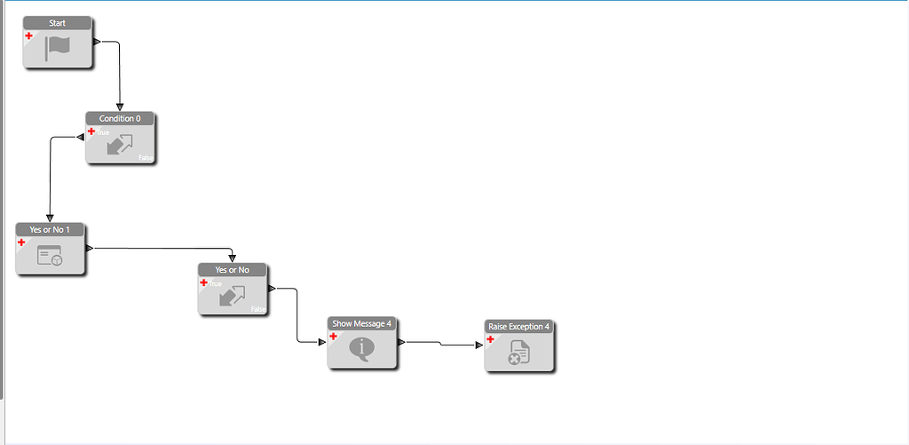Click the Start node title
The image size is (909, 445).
tap(57, 22)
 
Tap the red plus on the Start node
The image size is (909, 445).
tap(28, 36)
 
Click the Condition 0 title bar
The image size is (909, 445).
tap(120, 118)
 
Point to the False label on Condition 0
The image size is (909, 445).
tap(146, 157)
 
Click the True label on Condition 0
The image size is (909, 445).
tap(103, 132)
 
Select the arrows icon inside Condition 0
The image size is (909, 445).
tap(120, 145)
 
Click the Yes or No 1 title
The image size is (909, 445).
tap(50, 229)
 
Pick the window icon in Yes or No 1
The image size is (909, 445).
tap(50, 257)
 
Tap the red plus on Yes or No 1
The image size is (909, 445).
tap(21, 242)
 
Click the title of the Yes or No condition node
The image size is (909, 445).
tap(232, 270)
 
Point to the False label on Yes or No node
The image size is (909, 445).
tap(258, 309)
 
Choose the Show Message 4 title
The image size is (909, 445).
tap(361, 323)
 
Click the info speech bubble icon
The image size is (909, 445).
tap(361, 348)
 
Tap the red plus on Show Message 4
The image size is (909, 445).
tap(334, 337)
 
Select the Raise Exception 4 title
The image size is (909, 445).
tap(518, 327)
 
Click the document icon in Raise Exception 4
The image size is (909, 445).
tap(518, 354)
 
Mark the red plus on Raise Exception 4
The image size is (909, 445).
tap(490, 339)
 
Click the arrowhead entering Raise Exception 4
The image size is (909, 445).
tap(479, 345)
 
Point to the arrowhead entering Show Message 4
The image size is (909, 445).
tap(322, 342)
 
